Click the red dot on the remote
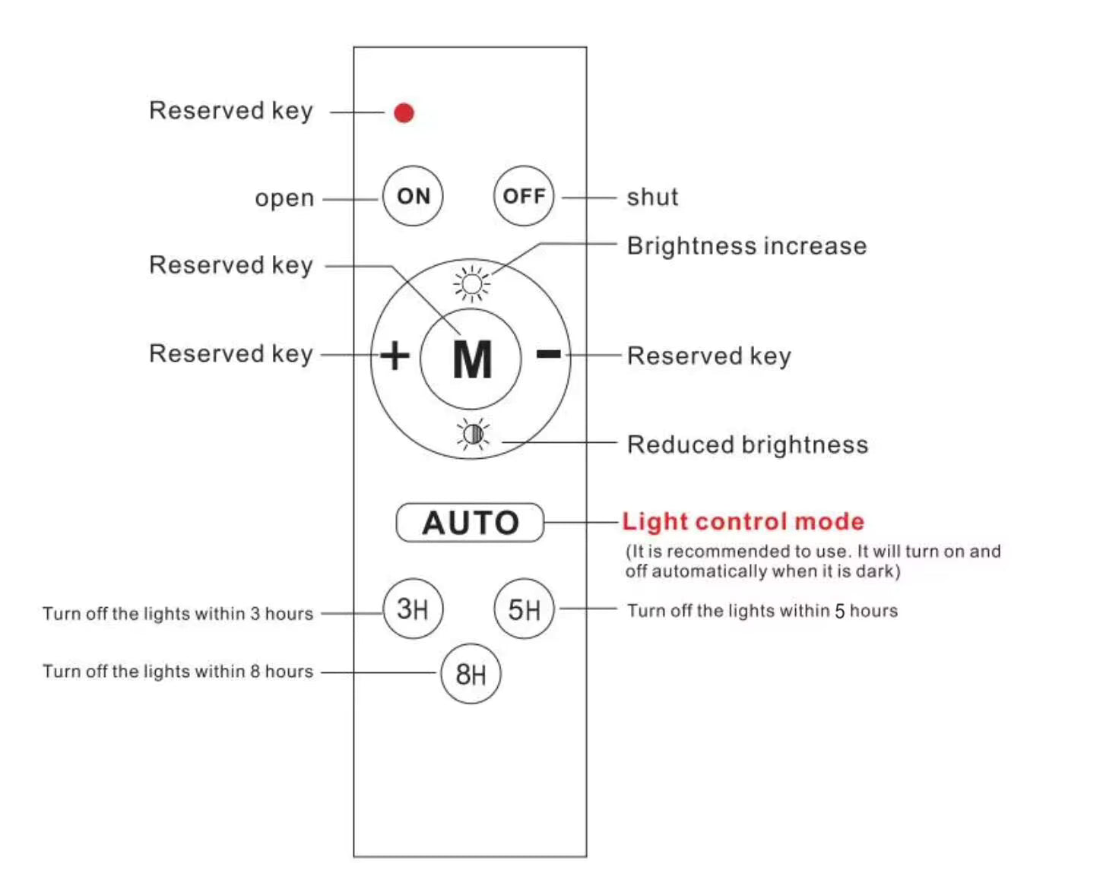(404, 113)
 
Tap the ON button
(413, 196)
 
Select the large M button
(471, 359)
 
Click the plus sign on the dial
(395, 356)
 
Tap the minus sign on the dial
(548, 354)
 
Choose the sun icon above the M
(472, 284)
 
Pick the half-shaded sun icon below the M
(473, 434)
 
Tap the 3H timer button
(413, 609)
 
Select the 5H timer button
(524, 609)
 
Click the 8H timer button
(471, 674)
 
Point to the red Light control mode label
(743, 522)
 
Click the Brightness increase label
(746, 246)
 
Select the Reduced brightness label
(747, 444)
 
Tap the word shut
(652, 198)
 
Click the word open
(284, 198)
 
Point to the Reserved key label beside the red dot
(231, 111)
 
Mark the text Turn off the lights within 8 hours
(178, 672)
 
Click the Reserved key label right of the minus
(708, 356)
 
